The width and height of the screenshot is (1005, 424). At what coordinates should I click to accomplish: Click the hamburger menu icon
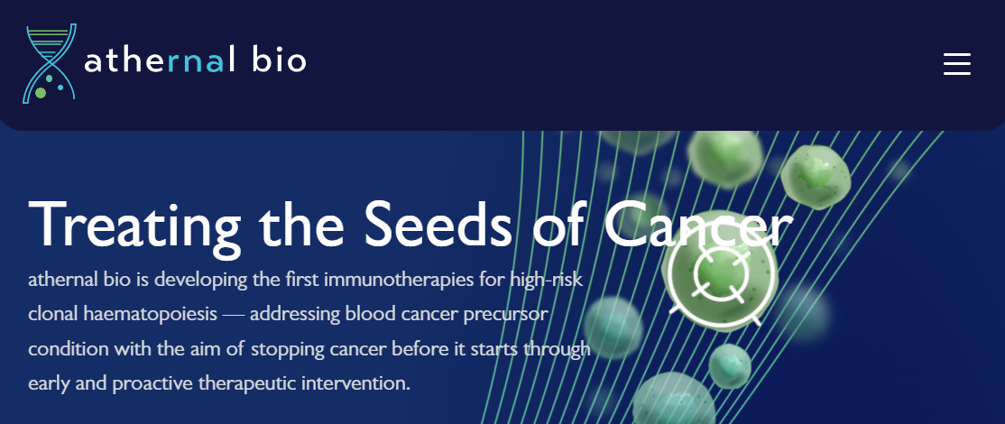(957, 64)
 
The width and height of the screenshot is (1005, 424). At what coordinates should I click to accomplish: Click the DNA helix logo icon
(50, 63)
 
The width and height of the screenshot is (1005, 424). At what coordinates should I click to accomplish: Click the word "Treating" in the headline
(134, 226)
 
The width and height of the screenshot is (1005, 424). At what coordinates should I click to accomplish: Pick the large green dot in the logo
(41, 93)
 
